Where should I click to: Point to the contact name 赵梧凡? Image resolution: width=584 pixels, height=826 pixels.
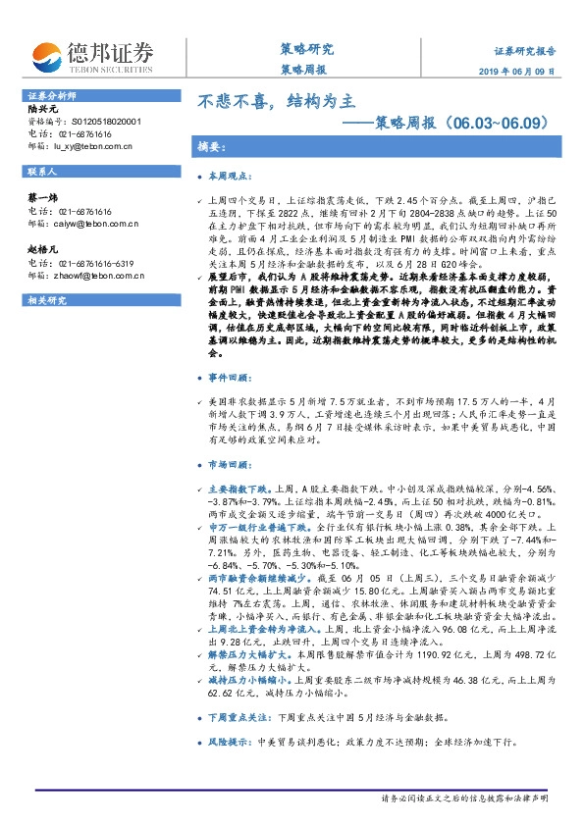pyautogui.click(x=40, y=250)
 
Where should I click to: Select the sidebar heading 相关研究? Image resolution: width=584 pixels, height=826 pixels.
pyautogui.click(x=45, y=300)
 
